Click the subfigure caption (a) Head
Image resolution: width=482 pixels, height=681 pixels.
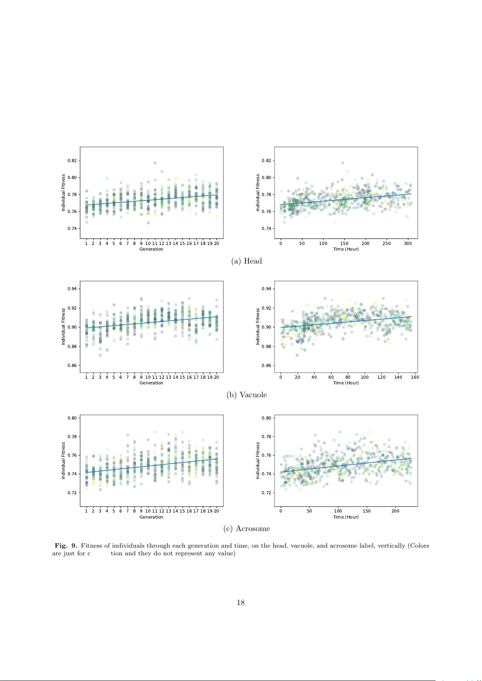(247, 261)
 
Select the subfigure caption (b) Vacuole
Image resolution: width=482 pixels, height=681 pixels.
(247, 395)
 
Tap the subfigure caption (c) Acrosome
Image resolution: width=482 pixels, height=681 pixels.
(247, 529)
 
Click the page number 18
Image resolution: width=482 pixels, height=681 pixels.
(241, 603)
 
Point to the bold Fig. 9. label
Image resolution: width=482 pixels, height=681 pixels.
(66, 546)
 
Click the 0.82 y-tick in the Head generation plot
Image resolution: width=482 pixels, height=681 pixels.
(72, 160)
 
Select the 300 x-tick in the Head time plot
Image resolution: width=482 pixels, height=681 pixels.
(408, 243)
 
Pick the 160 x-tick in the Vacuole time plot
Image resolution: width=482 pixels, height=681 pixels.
(415, 377)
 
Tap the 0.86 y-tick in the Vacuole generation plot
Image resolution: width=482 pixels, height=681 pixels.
(72, 366)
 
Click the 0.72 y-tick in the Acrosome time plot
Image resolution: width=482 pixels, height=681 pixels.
(266, 493)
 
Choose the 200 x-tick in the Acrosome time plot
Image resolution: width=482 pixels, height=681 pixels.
(395, 511)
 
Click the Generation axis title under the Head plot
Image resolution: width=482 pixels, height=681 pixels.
(151, 249)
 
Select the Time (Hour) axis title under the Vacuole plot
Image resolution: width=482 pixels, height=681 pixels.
(346, 383)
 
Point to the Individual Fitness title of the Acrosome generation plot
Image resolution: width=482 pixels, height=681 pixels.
(63, 460)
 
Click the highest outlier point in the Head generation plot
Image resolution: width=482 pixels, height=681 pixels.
(155, 163)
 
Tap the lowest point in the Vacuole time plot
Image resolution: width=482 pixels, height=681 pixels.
(297, 355)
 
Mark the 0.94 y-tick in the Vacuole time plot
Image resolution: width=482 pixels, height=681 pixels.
(266, 289)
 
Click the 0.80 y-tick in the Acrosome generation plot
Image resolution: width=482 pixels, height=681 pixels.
(72, 418)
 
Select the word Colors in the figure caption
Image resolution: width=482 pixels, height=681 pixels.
(420, 546)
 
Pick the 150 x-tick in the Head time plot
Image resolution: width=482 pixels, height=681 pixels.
(344, 243)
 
